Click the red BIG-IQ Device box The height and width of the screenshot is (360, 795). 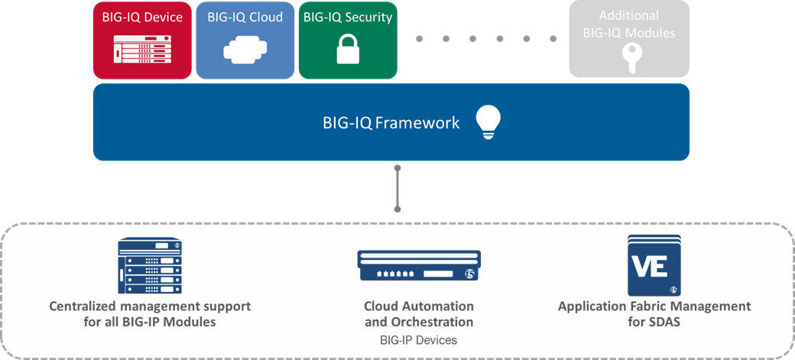click(x=142, y=40)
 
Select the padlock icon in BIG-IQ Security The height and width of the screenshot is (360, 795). click(x=348, y=49)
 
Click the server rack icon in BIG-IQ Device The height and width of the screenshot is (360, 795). click(x=142, y=49)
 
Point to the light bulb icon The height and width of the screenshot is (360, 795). click(x=488, y=122)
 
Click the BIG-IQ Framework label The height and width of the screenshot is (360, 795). click(x=391, y=123)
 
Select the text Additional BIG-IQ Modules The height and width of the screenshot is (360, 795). click(x=629, y=24)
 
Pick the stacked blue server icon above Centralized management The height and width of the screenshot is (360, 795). click(x=150, y=265)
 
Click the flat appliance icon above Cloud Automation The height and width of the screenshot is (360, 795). click(x=419, y=265)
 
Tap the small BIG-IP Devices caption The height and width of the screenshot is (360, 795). click(x=418, y=340)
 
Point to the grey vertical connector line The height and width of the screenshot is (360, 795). click(x=397, y=188)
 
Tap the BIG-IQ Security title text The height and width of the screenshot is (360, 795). click(x=348, y=18)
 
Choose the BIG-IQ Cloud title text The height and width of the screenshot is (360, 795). click(x=245, y=17)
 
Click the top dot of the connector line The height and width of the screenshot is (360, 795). click(x=397, y=168)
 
